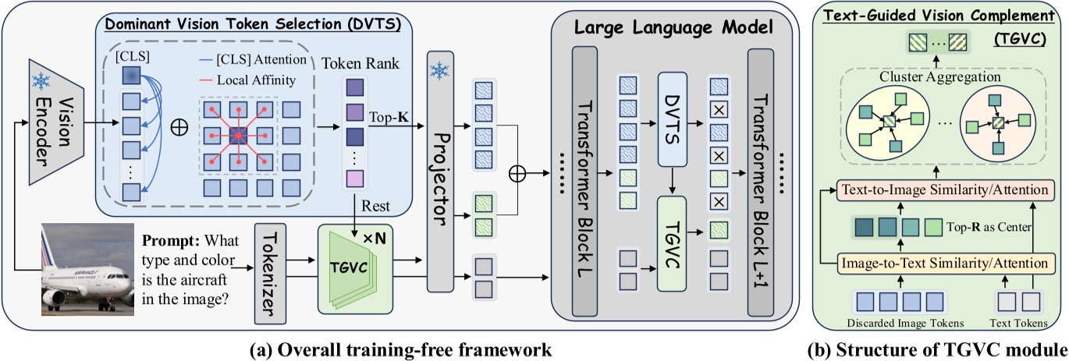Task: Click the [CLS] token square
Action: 132,76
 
